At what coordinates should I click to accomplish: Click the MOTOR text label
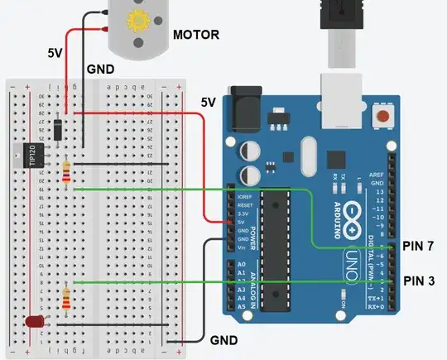click(x=195, y=35)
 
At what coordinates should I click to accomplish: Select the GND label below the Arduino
click(x=223, y=340)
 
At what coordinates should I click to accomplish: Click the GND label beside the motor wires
click(x=101, y=71)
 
